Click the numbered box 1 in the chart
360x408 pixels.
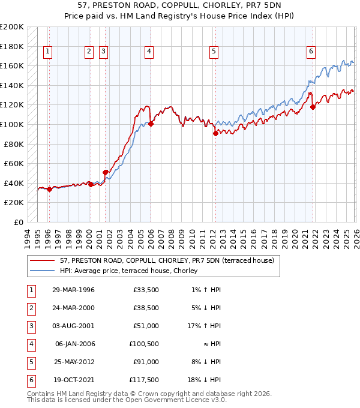click(47, 52)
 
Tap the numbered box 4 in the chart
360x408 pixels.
click(148, 52)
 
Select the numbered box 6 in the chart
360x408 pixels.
click(311, 52)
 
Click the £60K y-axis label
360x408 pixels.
click(14, 163)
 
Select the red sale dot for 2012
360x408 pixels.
click(215, 134)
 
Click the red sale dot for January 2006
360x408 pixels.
click(151, 124)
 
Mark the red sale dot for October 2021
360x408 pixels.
click(313, 107)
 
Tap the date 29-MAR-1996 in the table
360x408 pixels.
click(73, 290)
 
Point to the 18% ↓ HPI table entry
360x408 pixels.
click(205, 379)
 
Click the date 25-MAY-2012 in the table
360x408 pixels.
click(73, 361)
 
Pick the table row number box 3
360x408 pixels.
click(29, 326)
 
